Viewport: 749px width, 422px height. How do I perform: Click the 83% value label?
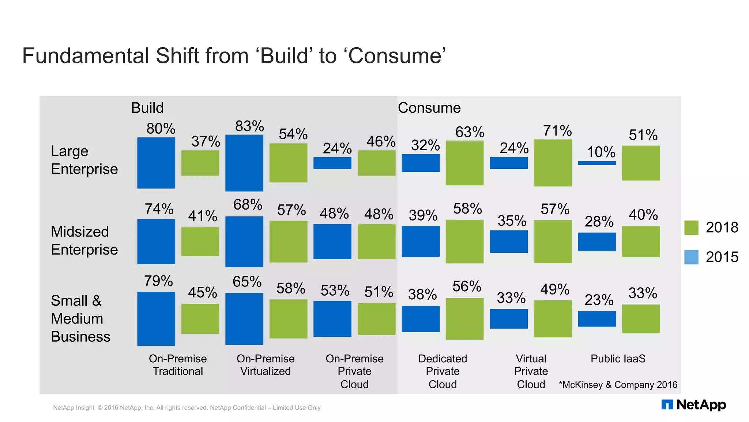pos(249,126)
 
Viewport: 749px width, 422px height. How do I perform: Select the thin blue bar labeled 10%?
pos(596,163)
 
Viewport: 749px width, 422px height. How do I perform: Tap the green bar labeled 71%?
pos(553,163)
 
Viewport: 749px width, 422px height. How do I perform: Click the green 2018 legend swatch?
pos(691,227)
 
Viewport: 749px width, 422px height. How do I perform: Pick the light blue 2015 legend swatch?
pos(691,257)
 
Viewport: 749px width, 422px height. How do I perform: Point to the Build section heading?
pos(147,108)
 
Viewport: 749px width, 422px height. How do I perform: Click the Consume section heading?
pos(429,108)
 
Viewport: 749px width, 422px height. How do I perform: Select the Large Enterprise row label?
pos(84,160)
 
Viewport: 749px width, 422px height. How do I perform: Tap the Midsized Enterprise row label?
pos(84,241)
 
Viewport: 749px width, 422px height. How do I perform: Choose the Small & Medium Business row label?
pos(80,318)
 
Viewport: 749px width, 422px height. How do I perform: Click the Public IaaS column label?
pos(618,359)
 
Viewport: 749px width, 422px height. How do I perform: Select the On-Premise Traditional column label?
pos(178,365)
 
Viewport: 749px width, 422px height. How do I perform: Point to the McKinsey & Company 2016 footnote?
pos(618,385)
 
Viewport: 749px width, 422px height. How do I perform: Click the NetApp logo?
pos(693,405)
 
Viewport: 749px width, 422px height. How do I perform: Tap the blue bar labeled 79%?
pos(156,318)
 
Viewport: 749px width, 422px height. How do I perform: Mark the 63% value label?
pos(470,132)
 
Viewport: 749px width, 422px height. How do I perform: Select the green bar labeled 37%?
pos(200,163)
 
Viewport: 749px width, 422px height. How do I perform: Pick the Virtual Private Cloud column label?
pos(531,371)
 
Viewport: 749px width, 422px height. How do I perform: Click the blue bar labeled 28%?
pos(596,242)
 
